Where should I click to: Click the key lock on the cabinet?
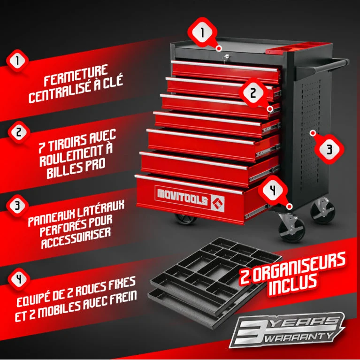tap(226, 57)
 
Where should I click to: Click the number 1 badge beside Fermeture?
tap(17, 61)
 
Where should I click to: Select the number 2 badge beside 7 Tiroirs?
tap(19, 132)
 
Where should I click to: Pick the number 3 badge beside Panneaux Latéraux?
tap(17, 206)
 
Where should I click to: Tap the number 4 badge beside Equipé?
tap(19, 279)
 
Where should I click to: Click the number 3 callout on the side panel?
tap(329, 149)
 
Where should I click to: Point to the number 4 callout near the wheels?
tap(273, 191)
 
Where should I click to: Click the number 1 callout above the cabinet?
tap(202, 32)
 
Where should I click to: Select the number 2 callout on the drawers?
tap(253, 93)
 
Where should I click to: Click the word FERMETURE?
tap(76, 75)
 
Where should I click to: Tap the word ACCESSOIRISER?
tap(76, 239)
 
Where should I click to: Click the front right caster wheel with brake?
tap(291, 228)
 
